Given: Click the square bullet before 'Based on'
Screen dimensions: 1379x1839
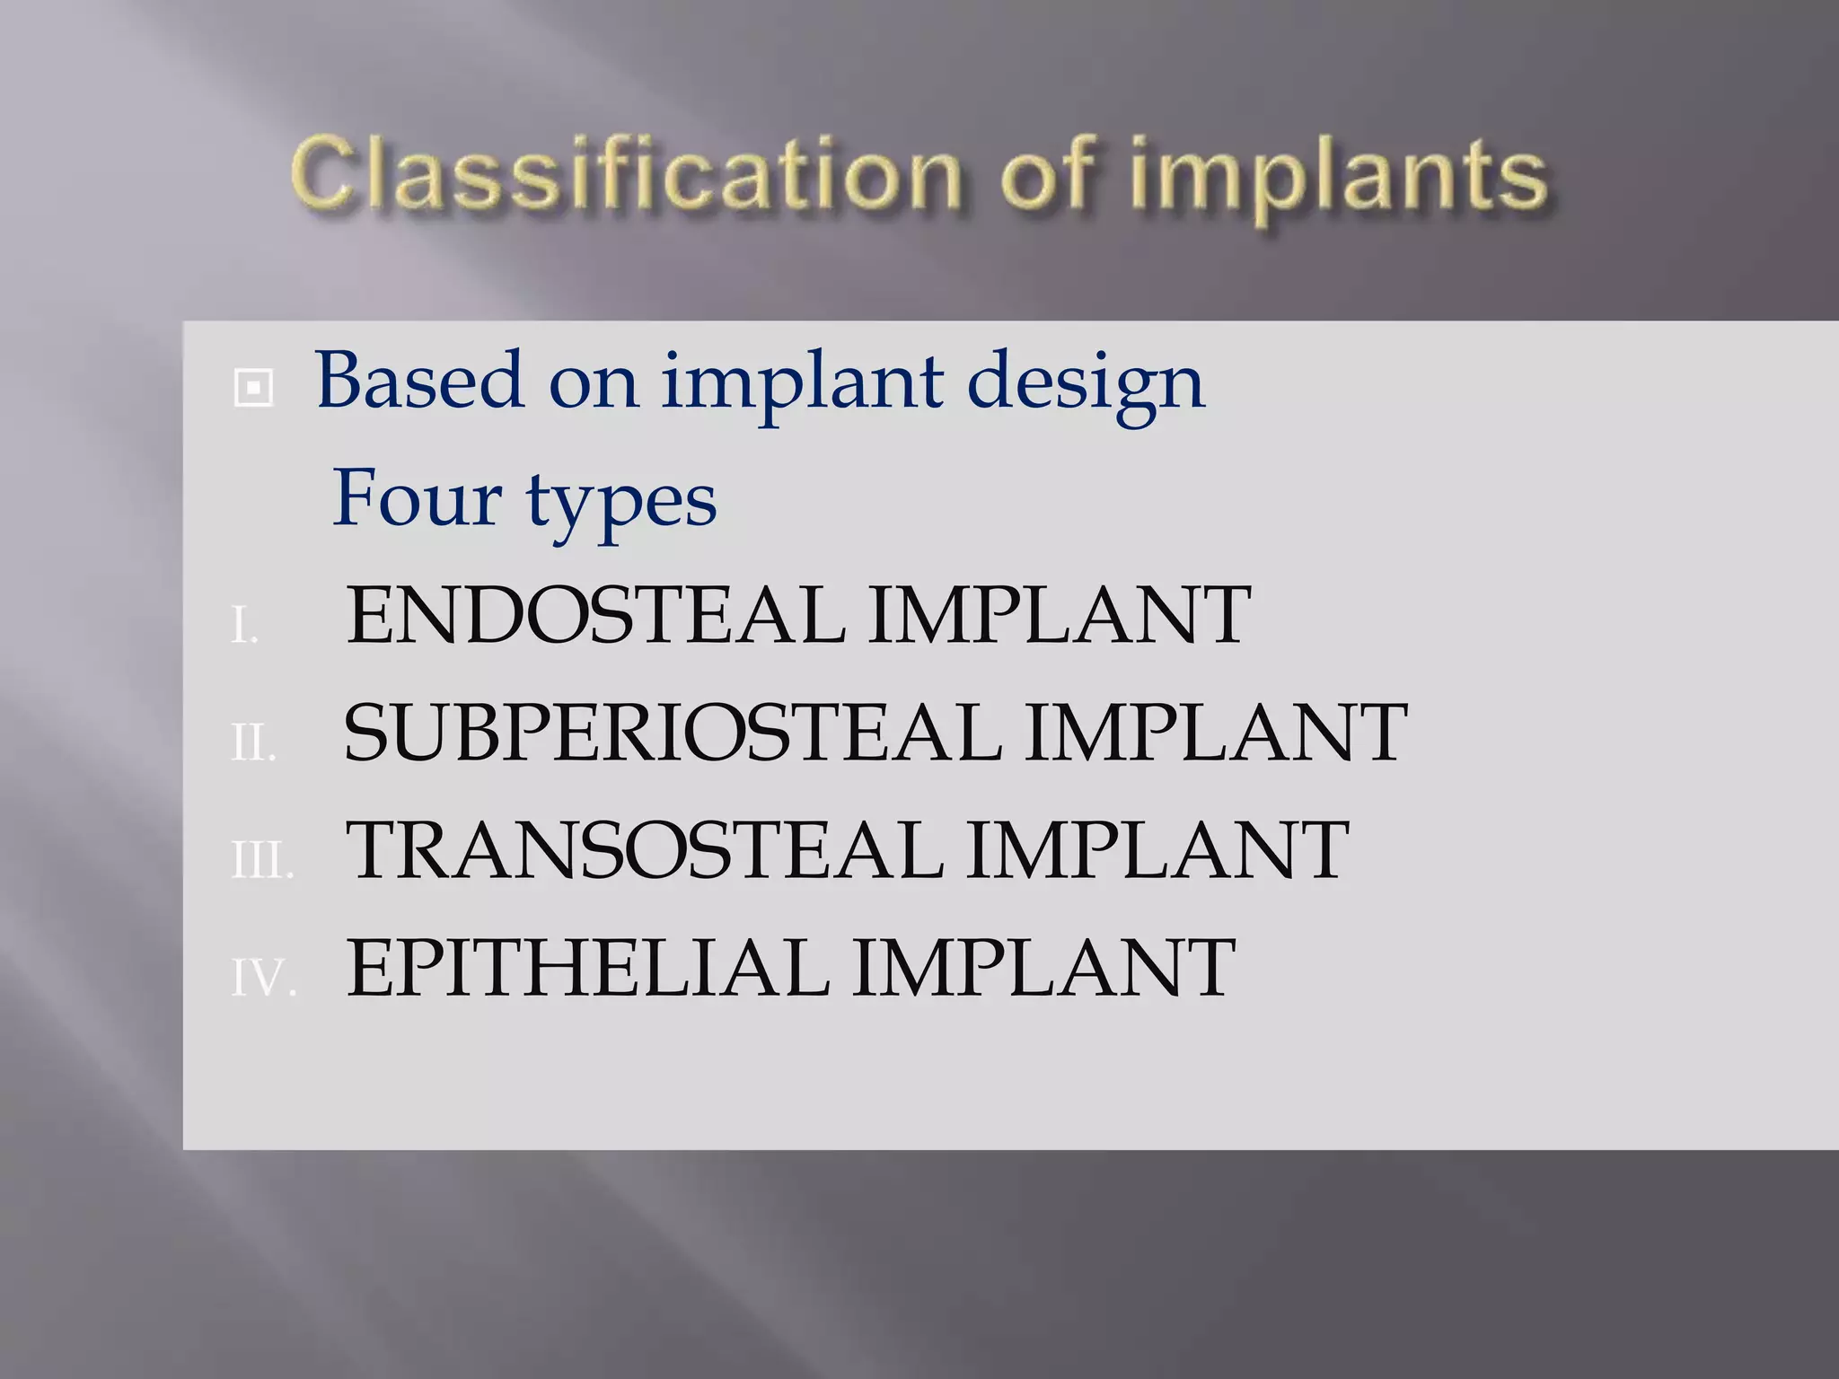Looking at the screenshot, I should coord(253,389).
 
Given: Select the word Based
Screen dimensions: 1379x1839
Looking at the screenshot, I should coord(419,382).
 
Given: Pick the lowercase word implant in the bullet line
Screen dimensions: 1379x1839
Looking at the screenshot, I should coord(804,384).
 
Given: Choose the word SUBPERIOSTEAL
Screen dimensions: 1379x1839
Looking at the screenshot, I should coord(673,733).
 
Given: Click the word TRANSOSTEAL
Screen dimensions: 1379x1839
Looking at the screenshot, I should coord(645,850).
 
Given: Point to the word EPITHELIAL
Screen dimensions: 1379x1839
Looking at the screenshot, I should coord(588,968).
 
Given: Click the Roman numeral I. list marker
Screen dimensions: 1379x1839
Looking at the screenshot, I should coord(244,626).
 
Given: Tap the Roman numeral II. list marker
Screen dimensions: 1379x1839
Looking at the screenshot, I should coord(252,743).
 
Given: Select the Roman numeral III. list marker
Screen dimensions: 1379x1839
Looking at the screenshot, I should coord(261,861).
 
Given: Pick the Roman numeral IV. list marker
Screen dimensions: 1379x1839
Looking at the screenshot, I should coord(263,978).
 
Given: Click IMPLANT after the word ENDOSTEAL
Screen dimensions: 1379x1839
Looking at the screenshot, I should coord(1060,616).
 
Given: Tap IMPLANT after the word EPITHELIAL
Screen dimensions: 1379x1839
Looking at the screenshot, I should coord(1044,968).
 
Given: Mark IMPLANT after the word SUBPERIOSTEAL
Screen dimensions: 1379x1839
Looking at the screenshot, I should coord(1216,733).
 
